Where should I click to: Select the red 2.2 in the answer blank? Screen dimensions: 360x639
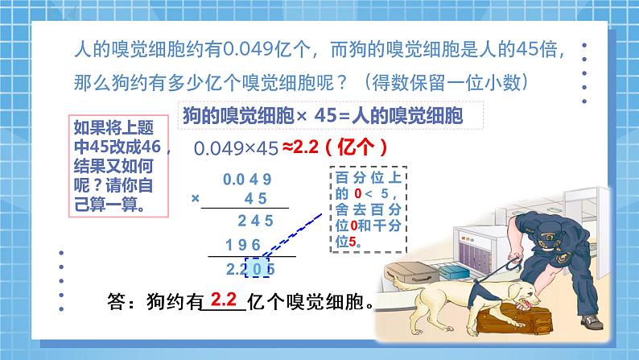tap(222, 301)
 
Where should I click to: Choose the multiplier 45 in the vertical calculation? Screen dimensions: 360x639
tap(257, 198)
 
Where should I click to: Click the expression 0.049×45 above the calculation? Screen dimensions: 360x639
tap(236, 148)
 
